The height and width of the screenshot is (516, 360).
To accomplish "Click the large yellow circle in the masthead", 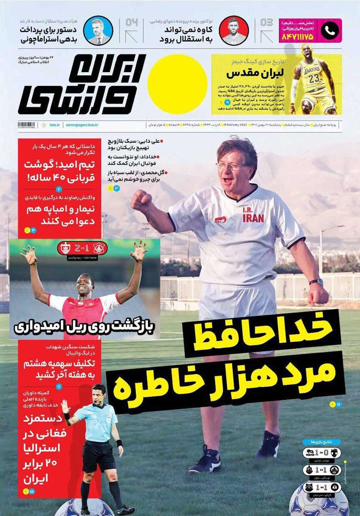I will (x=177, y=84).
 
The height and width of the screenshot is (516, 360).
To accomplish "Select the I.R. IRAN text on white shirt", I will (x=253, y=215).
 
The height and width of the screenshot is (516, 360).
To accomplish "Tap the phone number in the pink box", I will (x=297, y=37).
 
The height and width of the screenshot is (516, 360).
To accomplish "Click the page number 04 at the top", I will (x=132, y=22).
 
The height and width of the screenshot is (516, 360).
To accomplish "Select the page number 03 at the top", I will (x=267, y=22).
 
